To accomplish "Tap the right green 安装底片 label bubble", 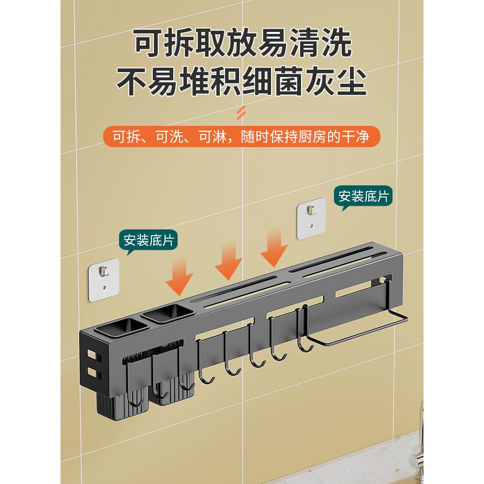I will click(363, 197).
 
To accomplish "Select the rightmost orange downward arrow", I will click(274, 249).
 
